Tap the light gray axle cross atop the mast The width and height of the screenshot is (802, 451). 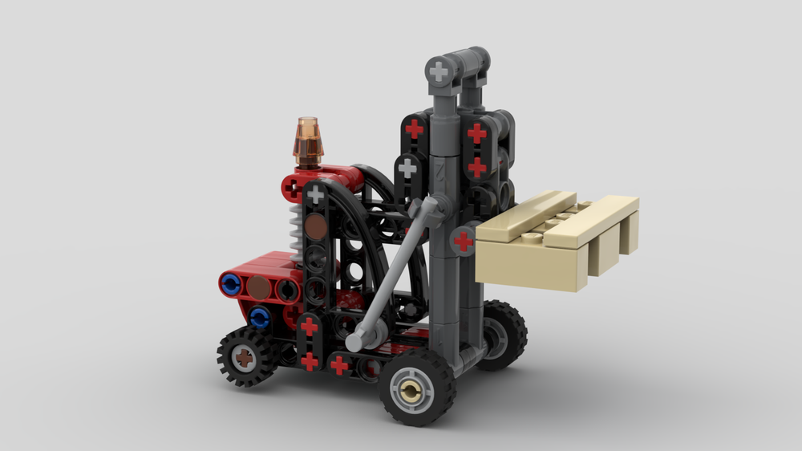point(439,71)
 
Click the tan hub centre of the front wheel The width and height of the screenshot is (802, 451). point(412,391)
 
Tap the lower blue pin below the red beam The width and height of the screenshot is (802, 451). point(258,317)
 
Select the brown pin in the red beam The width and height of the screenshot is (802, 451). point(258,286)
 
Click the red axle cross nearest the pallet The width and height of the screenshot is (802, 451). point(464,240)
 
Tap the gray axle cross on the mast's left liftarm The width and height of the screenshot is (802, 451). point(407,168)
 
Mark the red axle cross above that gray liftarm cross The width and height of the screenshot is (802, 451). point(414,128)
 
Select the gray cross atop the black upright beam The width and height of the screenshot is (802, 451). point(316,194)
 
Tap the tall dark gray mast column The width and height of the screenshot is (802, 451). point(444,241)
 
